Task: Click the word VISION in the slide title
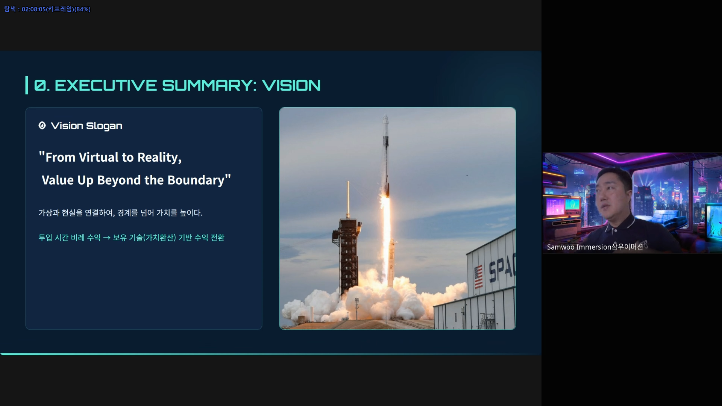pos(291,85)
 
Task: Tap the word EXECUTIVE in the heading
pos(106,85)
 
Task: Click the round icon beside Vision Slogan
pos(42,126)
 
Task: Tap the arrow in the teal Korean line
pos(107,238)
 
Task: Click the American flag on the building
pos(478,277)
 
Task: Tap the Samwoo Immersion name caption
pos(595,247)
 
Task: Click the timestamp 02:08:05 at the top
pos(33,9)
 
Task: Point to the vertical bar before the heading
pos(27,85)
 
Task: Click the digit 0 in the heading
pos(40,85)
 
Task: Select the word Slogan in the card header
pos(104,126)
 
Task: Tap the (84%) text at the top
pos(82,9)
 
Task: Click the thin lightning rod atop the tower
pos(348,199)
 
